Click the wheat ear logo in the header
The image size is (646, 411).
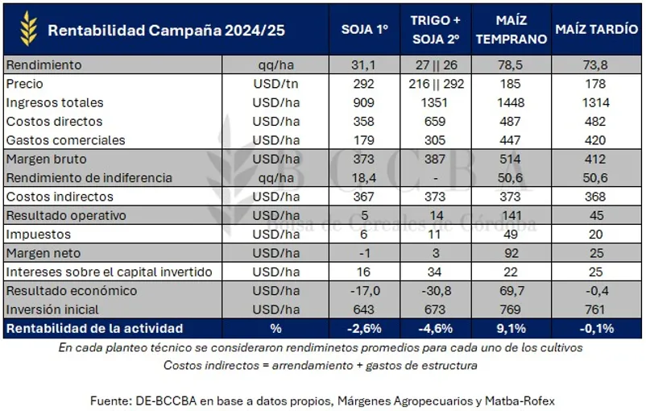pos(29,29)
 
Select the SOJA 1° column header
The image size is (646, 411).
pos(364,30)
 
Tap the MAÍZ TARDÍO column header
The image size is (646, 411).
pos(596,30)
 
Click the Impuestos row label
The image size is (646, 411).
pos(39,235)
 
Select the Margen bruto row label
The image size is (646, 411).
pos(46,159)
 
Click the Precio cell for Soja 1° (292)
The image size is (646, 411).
pos(364,83)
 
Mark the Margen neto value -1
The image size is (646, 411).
pos(364,253)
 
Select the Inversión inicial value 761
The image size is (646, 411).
pos(596,309)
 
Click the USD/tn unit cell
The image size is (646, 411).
pos(275,83)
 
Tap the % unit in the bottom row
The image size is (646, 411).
pos(275,328)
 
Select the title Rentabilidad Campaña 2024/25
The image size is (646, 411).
pos(166,31)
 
